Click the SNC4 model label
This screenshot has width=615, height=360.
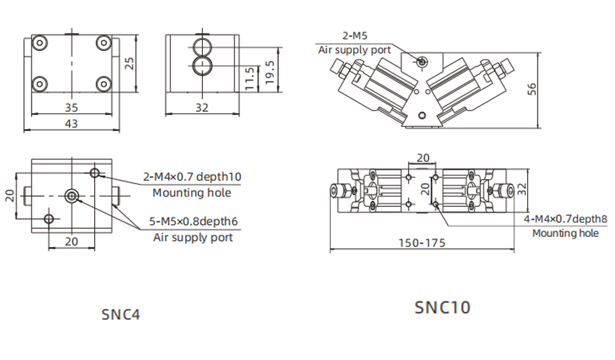click(x=121, y=314)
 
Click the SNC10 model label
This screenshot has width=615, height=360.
click(x=442, y=306)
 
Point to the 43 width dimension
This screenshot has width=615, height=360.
click(x=71, y=124)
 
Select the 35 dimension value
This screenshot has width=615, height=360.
click(x=71, y=107)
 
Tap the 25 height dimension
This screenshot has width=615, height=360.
click(x=129, y=63)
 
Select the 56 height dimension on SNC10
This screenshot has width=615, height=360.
click(x=533, y=90)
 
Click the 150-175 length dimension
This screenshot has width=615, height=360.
click(x=421, y=243)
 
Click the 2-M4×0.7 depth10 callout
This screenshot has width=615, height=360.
click(x=192, y=177)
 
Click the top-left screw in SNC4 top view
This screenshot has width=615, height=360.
click(x=39, y=43)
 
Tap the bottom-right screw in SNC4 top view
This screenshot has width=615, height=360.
click(x=103, y=84)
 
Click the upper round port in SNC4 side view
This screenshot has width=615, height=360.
click(x=201, y=46)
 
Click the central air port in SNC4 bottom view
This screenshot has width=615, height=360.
click(x=72, y=196)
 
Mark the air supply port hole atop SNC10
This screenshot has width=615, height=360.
click(x=422, y=62)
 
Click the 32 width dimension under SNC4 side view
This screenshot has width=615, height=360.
click(x=202, y=107)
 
